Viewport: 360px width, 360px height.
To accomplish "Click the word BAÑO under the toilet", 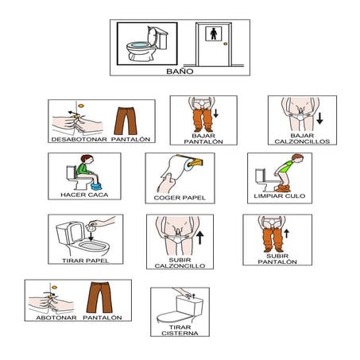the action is click(x=180, y=72).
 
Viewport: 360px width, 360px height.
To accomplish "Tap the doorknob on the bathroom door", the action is click(x=225, y=44).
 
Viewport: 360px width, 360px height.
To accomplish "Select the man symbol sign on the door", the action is click(x=214, y=34).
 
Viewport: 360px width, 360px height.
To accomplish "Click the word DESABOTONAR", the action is click(x=79, y=139).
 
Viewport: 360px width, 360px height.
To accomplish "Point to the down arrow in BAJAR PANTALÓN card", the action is click(x=216, y=113).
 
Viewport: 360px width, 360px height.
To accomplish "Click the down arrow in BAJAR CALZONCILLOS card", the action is click(x=319, y=118).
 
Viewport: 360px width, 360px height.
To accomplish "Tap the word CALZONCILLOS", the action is click(x=302, y=141).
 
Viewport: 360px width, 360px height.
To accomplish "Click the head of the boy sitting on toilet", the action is click(x=87, y=160).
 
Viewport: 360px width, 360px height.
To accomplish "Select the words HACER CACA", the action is click(x=84, y=195).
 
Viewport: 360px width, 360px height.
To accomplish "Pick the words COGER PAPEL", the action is click(x=180, y=198).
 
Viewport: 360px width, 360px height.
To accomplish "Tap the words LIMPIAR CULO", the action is click(x=280, y=196).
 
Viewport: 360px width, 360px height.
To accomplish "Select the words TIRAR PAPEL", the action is click(x=86, y=261).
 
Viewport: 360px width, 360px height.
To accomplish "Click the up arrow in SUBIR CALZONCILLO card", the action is click(x=200, y=238).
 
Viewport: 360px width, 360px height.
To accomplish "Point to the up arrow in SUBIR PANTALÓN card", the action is click(x=287, y=234).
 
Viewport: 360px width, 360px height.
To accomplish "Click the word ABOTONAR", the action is click(x=56, y=318).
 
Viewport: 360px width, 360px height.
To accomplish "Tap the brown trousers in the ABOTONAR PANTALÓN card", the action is click(x=99, y=297).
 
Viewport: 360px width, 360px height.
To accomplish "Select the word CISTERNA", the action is click(x=180, y=333).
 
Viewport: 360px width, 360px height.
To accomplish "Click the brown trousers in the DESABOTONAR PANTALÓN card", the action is click(x=126, y=121).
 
